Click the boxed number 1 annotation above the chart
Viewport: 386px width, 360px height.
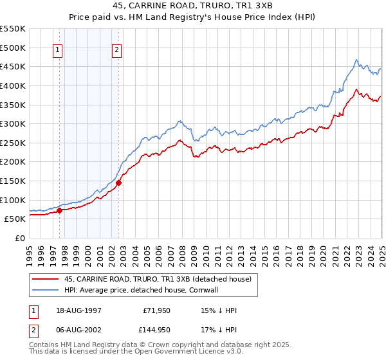click(x=58, y=51)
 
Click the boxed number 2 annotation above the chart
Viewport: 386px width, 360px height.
click(x=116, y=51)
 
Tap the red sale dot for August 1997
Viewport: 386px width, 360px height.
click(x=59, y=210)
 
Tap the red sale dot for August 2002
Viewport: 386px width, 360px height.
click(x=118, y=183)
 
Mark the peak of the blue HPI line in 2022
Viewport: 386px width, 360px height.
click(x=356, y=60)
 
